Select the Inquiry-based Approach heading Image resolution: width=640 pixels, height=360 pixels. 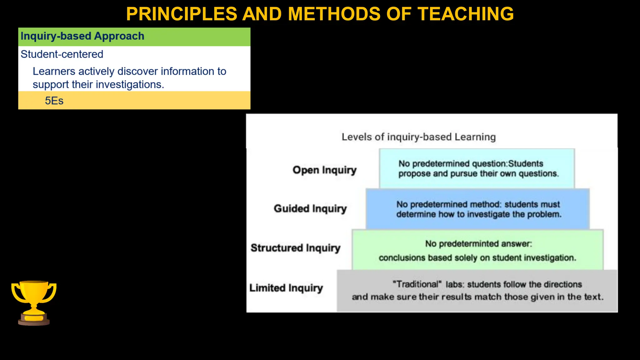pyautogui.click(x=82, y=36)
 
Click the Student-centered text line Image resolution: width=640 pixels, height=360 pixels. pyautogui.click(x=62, y=54)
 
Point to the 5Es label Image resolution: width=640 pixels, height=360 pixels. pyautogui.click(x=54, y=101)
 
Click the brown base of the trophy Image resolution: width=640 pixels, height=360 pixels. pyautogui.click(x=34, y=321)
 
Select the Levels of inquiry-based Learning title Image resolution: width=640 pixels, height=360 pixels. pyautogui.click(x=418, y=137)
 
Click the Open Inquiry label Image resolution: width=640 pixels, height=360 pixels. pyautogui.click(x=324, y=170)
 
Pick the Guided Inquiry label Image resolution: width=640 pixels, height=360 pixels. pyautogui.click(x=310, y=208)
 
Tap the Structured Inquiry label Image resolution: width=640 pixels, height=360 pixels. pyautogui.click(x=295, y=248)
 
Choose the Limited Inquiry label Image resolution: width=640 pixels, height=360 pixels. pyautogui.click(x=286, y=288)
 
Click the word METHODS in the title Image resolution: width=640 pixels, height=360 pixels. pyautogui.click(x=334, y=14)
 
